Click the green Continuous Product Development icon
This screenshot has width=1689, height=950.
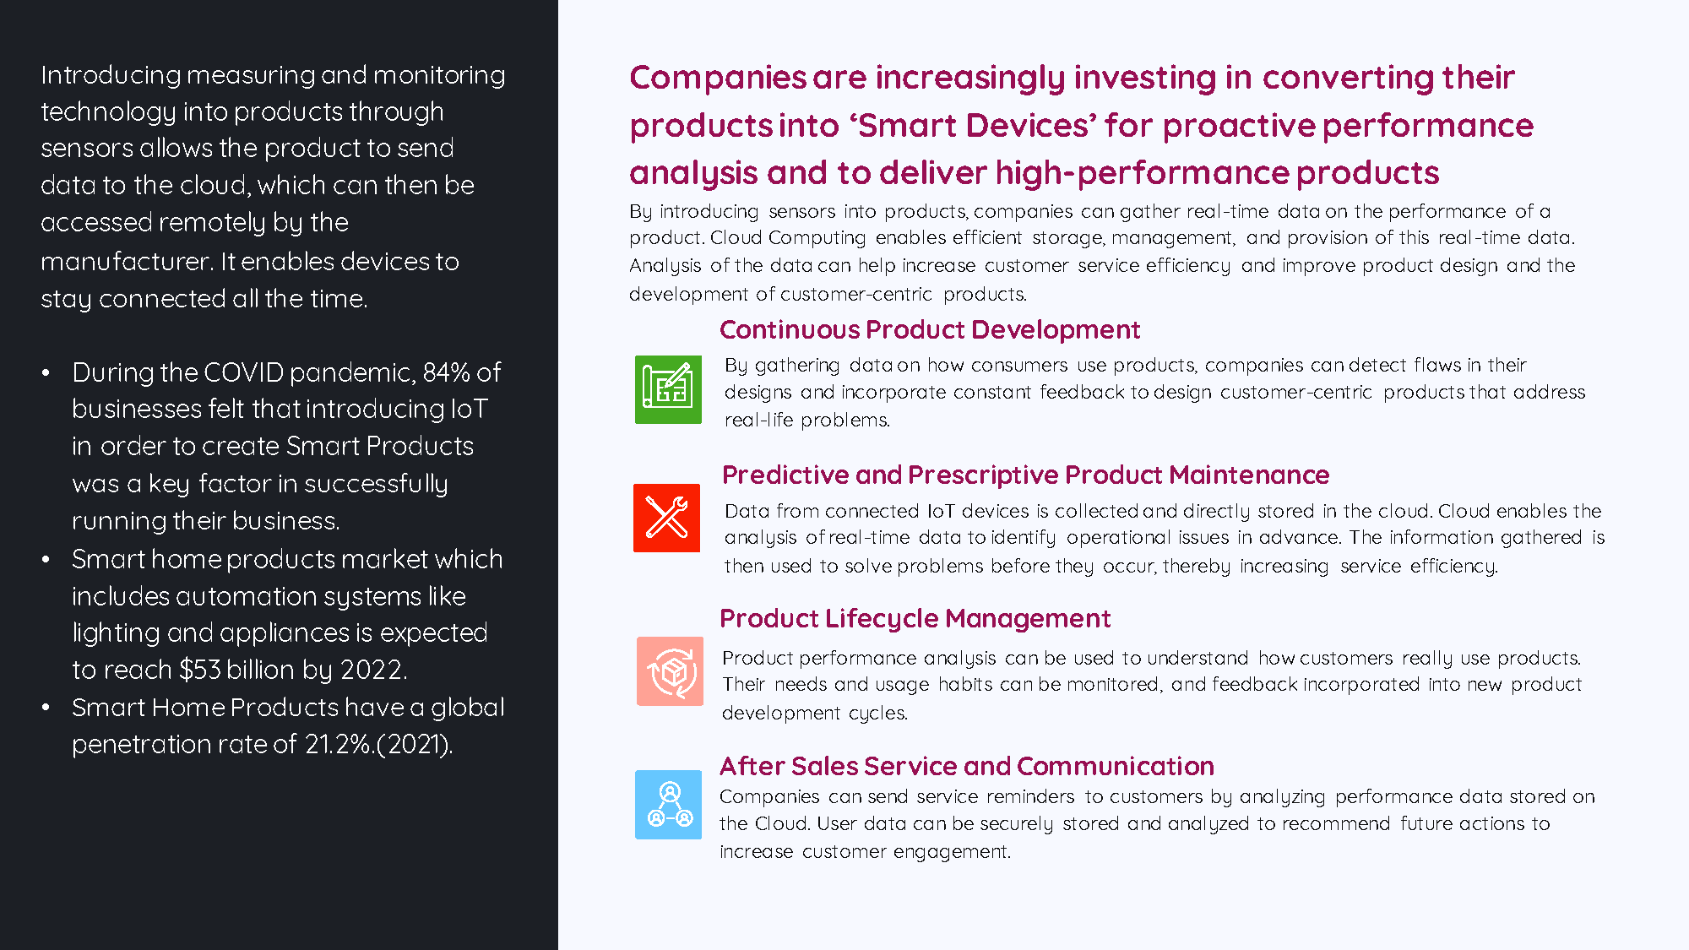(668, 389)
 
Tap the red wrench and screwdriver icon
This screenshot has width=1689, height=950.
(667, 518)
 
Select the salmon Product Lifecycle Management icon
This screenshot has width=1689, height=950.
(670, 671)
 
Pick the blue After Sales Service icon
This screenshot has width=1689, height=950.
(668, 805)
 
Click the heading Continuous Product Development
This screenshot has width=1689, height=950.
(930, 329)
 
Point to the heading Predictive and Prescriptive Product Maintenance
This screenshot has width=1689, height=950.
(1026, 475)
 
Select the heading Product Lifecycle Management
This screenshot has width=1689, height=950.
(915, 619)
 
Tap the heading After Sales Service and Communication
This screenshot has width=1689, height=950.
(967, 766)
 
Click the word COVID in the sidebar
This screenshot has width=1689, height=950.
(243, 372)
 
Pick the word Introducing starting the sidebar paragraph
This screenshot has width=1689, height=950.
(111, 76)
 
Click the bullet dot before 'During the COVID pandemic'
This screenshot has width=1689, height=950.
(46, 373)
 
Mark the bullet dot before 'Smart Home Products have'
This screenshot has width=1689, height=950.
(46, 708)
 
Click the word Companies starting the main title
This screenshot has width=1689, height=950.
(718, 79)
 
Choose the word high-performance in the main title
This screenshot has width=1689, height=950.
(1142, 173)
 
